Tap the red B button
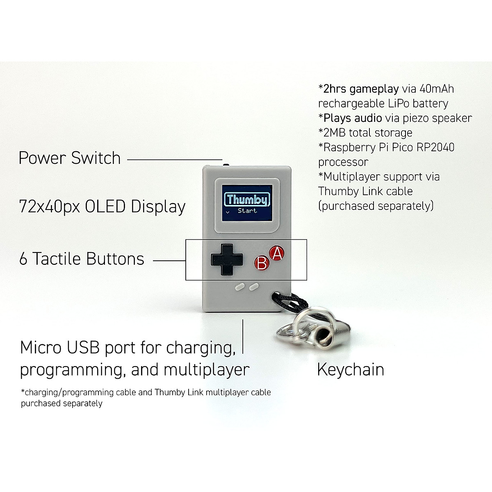coord(261,263)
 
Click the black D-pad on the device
coord(226,259)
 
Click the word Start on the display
coord(247,211)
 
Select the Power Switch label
coord(70,158)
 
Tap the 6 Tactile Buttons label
coord(82,259)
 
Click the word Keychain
coord(351,370)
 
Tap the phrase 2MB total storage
coord(365,133)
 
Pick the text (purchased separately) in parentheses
coord(376,206)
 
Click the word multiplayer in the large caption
coord(206,370)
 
